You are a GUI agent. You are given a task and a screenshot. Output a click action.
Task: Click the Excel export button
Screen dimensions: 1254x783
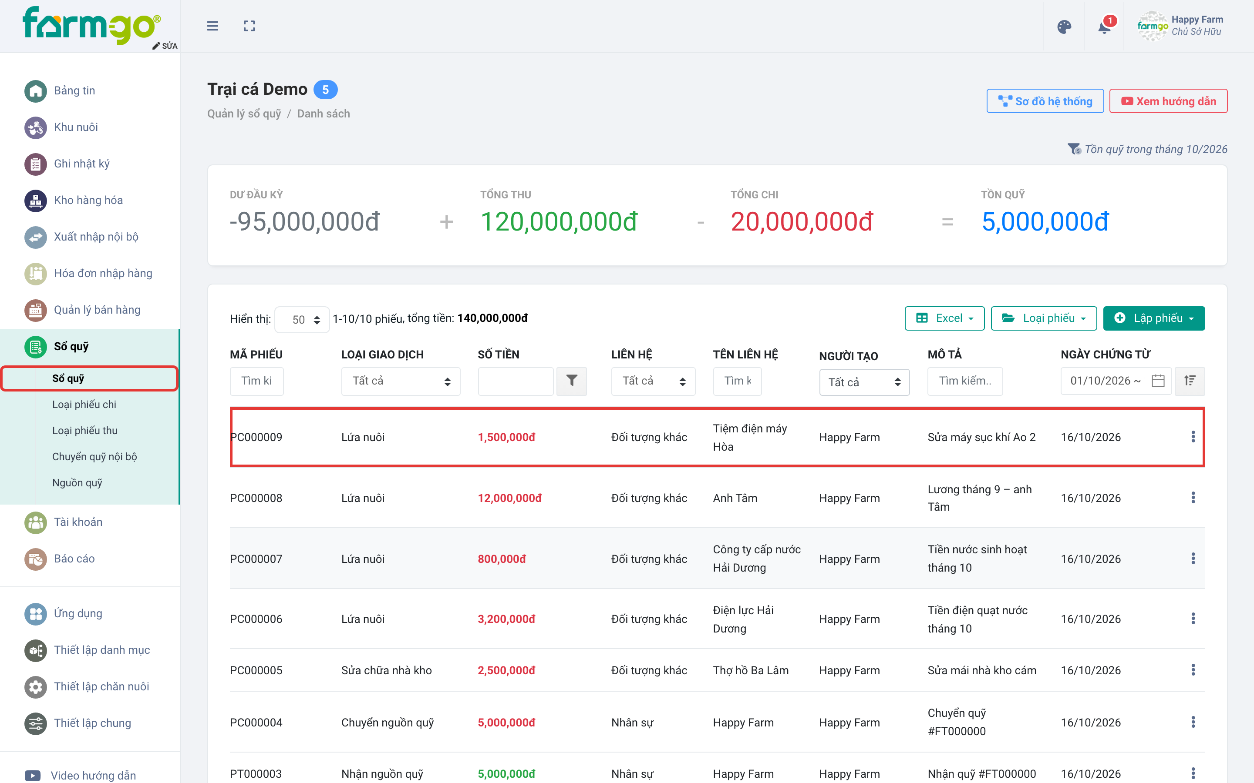(x=944, y=318)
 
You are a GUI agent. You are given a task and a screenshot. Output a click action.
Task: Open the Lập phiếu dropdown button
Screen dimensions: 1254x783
(x=1153, y=318)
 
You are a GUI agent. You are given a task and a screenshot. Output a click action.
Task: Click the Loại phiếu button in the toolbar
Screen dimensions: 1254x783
(x=1044, y=318)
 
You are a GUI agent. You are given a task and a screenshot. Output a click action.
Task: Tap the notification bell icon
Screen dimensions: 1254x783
(x=1104, y=27)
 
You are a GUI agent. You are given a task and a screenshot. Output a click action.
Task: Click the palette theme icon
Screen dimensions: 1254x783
(x=1064, y=27)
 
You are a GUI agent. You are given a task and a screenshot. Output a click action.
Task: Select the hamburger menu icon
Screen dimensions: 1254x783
(x=212, y=26)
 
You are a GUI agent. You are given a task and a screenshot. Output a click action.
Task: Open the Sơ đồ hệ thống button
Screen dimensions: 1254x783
(x=1045, y=101)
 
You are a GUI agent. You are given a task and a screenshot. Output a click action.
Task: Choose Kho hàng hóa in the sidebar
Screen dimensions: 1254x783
(x=88, y=200)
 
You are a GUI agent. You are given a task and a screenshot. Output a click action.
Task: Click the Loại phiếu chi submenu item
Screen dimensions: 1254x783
(x=84, y=405)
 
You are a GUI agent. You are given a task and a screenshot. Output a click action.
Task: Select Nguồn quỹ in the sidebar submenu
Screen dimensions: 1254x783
(x=77, y=483)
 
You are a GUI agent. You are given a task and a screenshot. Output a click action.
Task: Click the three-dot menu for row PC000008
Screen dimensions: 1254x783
(x=1193, y=498)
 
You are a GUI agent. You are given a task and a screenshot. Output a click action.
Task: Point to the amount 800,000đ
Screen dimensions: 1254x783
(x=502, y=559)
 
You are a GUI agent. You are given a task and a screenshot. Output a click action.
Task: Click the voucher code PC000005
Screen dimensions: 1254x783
(x=256, y=670)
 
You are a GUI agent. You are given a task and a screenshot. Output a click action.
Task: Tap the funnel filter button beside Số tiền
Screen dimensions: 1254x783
(x=572, y=381)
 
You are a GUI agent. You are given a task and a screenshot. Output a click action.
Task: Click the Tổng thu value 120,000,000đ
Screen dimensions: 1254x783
(x=559, y=222)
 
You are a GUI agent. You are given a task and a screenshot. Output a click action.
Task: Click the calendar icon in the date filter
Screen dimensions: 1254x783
(x=1158, y=381)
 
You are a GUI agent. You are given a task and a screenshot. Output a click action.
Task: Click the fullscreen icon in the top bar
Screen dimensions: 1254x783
(x=249, y=26)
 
